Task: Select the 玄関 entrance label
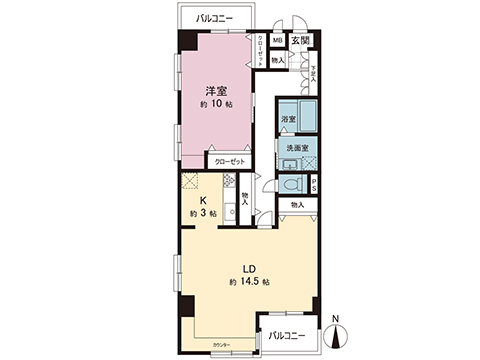tap(301, 41)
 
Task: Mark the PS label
tap(313, 185)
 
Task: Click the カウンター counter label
tap(221, 345)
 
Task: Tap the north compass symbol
tap(336, 336)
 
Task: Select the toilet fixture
tap(292, 186)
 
